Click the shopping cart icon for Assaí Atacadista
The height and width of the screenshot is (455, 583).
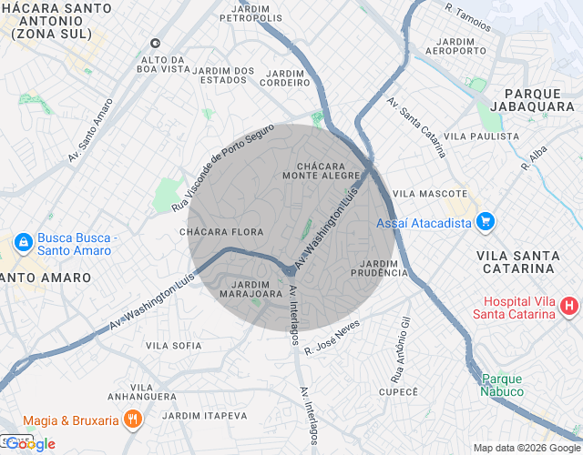coord(486,222)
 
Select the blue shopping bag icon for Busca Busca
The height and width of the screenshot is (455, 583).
coord(23,243)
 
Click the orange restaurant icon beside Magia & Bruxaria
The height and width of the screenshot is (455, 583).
coord(133,420)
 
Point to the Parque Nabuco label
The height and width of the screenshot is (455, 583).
coord(502,385)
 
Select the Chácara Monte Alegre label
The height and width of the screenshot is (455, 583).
coord(325,170)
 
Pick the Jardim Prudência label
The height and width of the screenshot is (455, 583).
coord(378,268)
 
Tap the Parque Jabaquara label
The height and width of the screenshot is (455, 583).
coord(530,99)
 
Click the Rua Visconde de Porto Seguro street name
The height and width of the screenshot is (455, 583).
coord(222,168)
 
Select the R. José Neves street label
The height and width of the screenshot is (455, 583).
coord(332,336)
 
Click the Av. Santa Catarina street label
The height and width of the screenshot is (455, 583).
coord(415,127)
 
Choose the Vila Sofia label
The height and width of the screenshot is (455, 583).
coord(173,346)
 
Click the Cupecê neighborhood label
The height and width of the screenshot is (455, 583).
coord(397,390)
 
